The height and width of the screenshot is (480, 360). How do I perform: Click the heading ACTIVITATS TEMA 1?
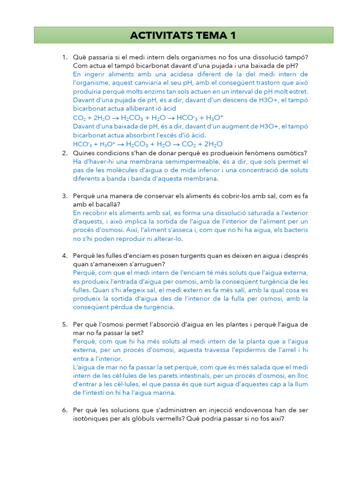coord(183,35)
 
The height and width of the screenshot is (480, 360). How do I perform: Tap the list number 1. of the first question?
coord(65,57)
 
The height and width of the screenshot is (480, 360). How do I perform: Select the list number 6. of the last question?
coord(65,410)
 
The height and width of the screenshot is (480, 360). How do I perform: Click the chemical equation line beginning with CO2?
coord(148,118)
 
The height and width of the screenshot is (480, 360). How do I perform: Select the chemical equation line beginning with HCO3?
coord(148,144)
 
